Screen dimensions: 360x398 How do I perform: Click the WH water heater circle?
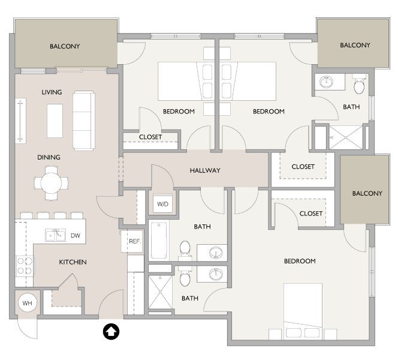click(x=27, y=303)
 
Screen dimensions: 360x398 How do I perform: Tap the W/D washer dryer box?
click(x=163, y=204)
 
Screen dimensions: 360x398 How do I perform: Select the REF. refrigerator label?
click(x=134, y=241)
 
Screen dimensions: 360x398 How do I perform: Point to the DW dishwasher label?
click(x=75, y=236)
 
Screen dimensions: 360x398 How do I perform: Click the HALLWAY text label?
click(x=205, y=170)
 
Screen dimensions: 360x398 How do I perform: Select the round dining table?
click(x=51, y=182)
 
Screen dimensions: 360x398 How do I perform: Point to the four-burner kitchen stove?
click(x=25, y=266)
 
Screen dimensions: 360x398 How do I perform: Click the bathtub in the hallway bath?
click(x=159, y=241)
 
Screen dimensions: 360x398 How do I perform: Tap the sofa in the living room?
click(x=83, y=121)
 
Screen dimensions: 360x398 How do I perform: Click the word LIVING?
click(x=52, y=92)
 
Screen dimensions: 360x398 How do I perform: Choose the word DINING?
click(x=49, y=157)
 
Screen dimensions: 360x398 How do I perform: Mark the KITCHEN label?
click(x=73, y=262)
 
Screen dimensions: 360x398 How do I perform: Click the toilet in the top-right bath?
click(x=359, y=86)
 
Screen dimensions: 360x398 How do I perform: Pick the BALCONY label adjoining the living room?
click(x=65, y=46)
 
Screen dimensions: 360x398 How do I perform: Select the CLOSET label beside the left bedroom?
click(x=150, y=137)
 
